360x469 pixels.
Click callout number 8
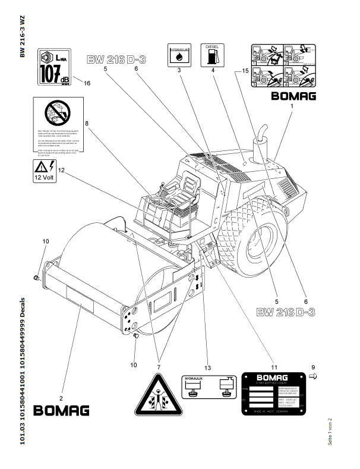click(87, 124)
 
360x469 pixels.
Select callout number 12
click(61, 170)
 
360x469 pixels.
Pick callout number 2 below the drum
click(61, 397)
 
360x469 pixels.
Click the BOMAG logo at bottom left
click(61, 410)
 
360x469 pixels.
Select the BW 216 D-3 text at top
click(117, 59)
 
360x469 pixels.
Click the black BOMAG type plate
click(273, 395)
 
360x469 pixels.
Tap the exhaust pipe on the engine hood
click(260, 149)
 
